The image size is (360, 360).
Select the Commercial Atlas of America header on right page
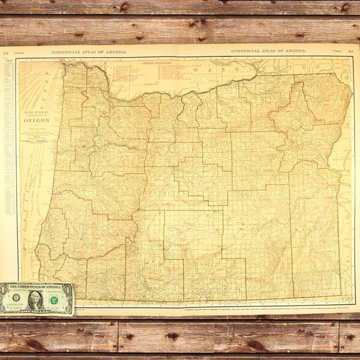point(268,52)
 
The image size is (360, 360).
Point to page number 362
point(5,53)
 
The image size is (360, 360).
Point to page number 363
point(350,52)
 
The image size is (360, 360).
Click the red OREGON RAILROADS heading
point(139,62)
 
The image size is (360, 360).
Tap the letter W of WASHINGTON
point(194,70)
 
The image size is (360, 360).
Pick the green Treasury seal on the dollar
point(55,298)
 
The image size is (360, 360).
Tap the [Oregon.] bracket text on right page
point(336,52)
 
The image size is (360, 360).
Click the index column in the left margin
point(8,120)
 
